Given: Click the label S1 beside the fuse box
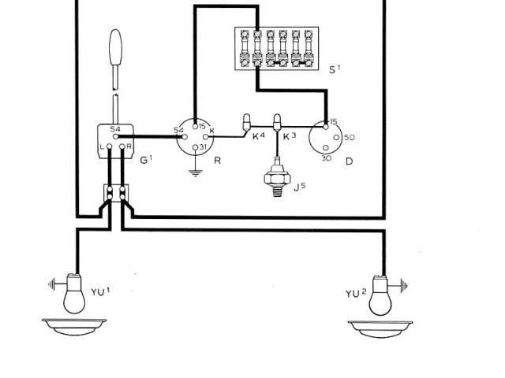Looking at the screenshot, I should coord(335,70).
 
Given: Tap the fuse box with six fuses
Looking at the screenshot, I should coord(276,47).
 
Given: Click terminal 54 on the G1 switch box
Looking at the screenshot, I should coord(115,129).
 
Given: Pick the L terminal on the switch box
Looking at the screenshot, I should coord(103,146).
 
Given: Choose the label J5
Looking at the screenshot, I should coord(301,187).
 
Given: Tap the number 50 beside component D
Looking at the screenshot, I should coord(350,138).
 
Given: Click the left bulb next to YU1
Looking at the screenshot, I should coord(75,296).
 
